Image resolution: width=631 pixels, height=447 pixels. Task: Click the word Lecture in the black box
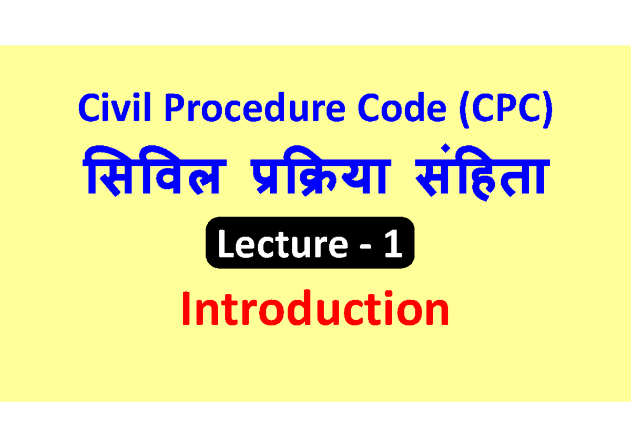click(282, 245)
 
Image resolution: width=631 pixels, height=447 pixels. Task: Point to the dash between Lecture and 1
click(362, 248)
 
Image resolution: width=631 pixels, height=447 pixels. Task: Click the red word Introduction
click(315, 311)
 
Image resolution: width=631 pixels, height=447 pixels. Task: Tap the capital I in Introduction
click(187, 311)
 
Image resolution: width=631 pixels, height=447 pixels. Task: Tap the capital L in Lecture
click(225, 245)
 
